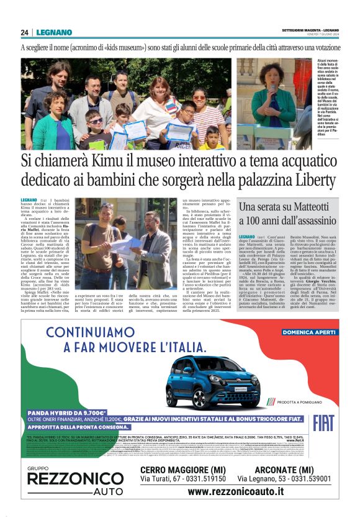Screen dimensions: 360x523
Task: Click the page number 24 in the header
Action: [x=24, y=32]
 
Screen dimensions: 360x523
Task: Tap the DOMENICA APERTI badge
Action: [x=307, y=332]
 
